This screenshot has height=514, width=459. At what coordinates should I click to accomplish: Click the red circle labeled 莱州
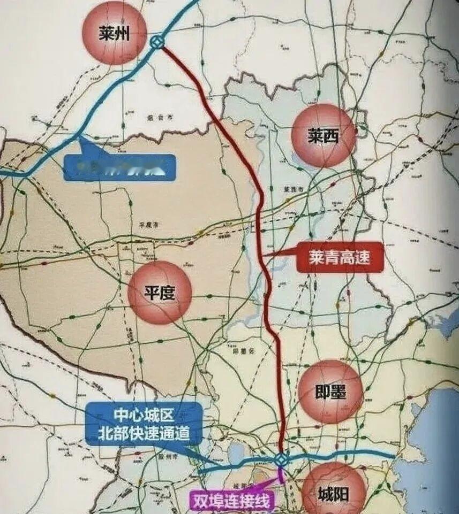click(x=114, y=33)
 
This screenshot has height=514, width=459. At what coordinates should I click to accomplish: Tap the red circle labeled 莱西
click(x=323, y=136)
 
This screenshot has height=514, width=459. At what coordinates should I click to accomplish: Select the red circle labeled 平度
click(x=160, y=293)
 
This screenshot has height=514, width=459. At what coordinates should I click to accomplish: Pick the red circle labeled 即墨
click(x=330, y=392)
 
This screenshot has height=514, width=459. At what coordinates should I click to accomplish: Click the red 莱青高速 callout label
click(x=340, y=257)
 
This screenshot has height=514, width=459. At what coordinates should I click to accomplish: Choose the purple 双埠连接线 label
click(x=231, y=501)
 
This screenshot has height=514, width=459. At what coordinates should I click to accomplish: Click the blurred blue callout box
click(x=119, y=167)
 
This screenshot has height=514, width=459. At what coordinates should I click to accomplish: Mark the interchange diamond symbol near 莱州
click(x=157, y=43)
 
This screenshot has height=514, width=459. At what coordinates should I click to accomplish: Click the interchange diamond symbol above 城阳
click(x=281, y=459)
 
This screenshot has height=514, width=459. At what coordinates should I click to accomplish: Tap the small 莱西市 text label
click(x=292, y=190)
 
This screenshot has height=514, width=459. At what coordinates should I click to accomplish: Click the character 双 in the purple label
click(x=200, y=501)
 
